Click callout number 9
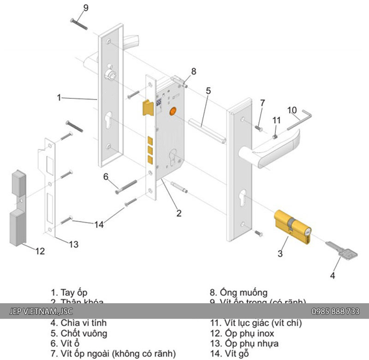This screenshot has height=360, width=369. tap(85, 8)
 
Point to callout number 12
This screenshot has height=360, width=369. tap(40, 252)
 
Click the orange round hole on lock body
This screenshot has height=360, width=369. tap(173, 111)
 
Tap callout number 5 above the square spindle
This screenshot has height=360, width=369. tap(208, 91)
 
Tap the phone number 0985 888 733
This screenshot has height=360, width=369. tap(335, 312)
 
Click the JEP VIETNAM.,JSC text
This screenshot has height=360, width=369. tap(41, 312)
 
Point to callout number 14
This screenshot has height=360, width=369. tap(99, 224)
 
